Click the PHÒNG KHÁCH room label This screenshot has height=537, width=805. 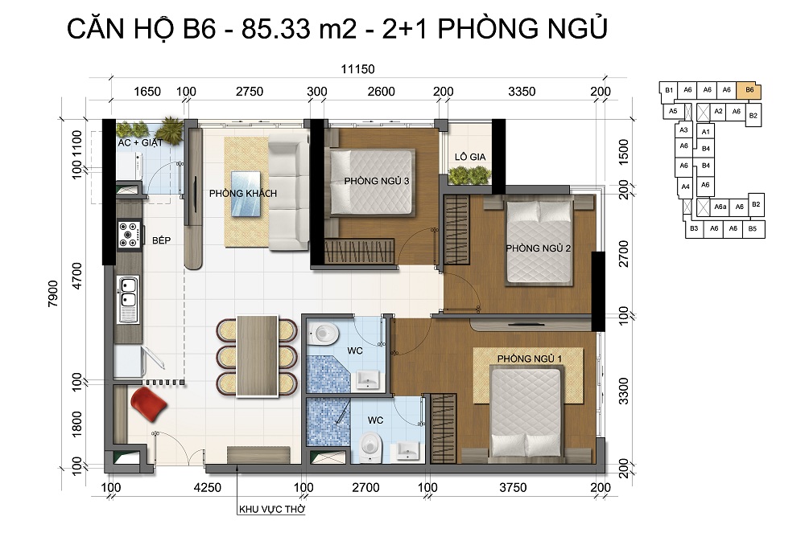243,194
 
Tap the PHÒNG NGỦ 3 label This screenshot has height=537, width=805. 376,181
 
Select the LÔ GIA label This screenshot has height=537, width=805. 470,157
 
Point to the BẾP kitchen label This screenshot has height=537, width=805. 161,240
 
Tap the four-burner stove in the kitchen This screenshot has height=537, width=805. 128,235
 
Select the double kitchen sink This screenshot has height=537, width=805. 128,299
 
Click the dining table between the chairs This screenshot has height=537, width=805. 257,356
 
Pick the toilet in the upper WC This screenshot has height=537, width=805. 324,334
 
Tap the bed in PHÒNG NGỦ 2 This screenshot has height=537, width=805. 539,242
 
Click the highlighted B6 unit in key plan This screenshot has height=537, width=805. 749,90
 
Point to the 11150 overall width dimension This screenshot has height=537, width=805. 358,68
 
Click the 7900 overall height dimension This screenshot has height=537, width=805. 53,294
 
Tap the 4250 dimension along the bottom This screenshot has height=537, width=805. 208,488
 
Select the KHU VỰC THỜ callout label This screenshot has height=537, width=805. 272,510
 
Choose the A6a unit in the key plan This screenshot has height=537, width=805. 720,207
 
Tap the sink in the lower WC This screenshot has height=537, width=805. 408,451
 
